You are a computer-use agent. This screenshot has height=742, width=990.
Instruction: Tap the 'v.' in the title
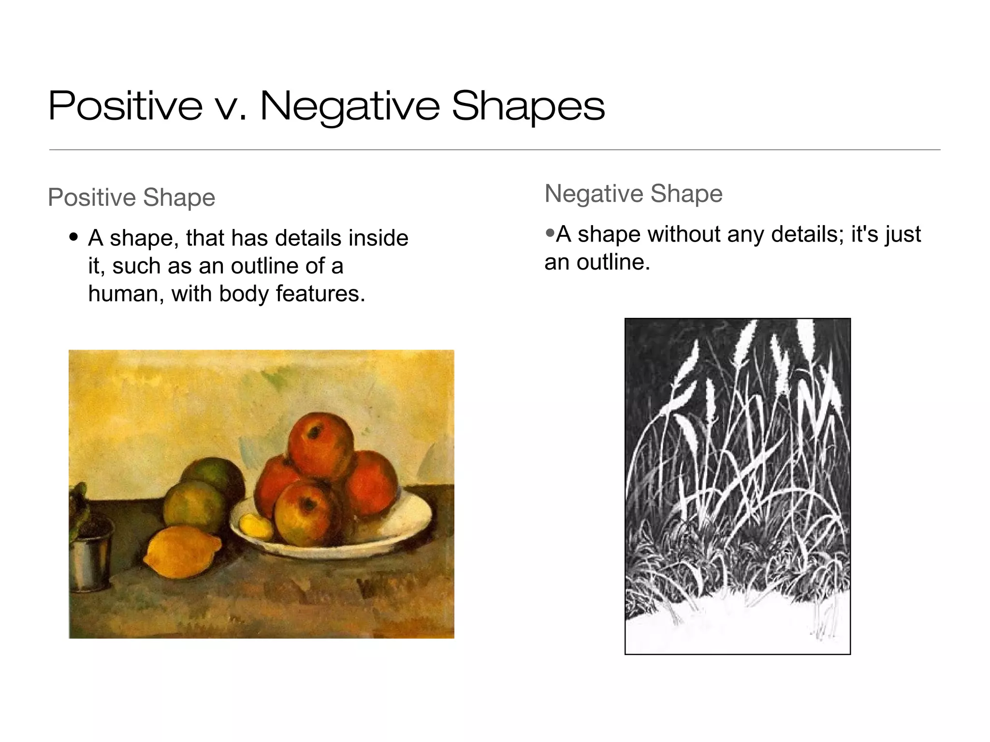click(x=231, y=107)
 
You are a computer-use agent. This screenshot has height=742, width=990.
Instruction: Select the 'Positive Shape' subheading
click(x=131, y=198)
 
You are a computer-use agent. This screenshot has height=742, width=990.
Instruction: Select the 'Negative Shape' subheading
click(x=633, y=194)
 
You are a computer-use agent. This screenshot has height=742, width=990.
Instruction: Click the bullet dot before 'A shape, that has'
click(x=73, y=237)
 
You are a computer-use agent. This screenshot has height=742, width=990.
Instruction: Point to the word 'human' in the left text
click(x=126, y=294)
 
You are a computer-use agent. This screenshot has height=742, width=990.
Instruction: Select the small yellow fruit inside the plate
click(x=255, y=527)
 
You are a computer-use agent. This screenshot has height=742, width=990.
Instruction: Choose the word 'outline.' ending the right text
click(x=613, y=262)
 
